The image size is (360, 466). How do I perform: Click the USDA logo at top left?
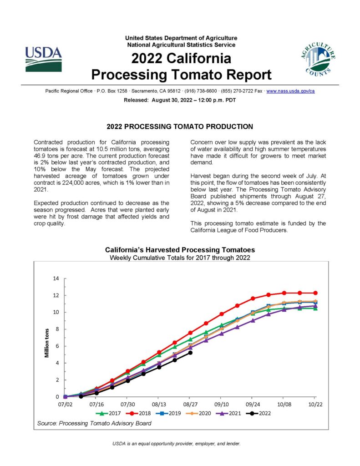coord(43,59)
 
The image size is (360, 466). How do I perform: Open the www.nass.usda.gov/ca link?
coord(290,91)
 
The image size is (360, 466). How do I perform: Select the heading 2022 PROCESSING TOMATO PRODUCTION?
coord(180,127)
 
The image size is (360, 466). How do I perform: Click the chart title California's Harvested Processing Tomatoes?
coord(180,250)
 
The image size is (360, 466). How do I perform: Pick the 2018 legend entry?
coord(138,413)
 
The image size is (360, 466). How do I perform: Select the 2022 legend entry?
coord(259,413)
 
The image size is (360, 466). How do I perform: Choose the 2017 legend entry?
coord(108,413)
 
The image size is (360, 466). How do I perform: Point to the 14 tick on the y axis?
coord(56,279)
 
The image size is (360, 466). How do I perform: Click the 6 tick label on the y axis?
coord(57,346)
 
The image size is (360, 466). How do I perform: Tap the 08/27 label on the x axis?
coord(190,404)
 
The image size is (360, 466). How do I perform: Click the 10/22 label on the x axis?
coord(315,404)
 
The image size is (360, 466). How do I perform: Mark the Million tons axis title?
coord(47,343)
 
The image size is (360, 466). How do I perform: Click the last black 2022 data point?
coord(190,353)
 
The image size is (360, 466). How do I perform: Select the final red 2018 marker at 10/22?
coord(315,293)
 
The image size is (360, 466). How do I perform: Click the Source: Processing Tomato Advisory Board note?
coord(94,423)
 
